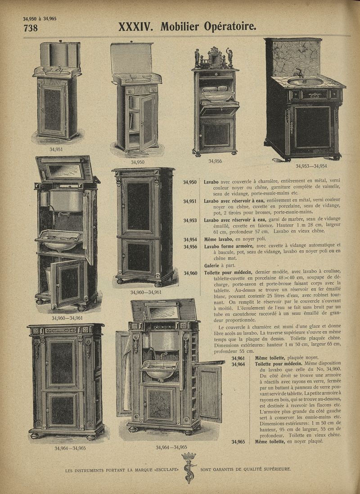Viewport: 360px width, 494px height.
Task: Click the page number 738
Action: (31, 28)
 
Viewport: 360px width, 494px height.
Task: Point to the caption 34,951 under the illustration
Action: (56, 150)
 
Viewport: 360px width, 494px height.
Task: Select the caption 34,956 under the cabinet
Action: (215, 161)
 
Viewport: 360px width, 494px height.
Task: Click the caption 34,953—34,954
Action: (311, 166)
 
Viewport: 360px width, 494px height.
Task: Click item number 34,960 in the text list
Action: (190, 273)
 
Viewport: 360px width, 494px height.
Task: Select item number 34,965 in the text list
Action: (238, 442)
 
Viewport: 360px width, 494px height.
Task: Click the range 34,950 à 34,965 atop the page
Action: (40, 18)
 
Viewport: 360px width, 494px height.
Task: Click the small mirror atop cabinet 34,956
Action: (216, 58)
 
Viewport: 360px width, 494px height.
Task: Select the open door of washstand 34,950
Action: (148, 122)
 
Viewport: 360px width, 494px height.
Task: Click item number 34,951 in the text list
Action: (190, 201)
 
